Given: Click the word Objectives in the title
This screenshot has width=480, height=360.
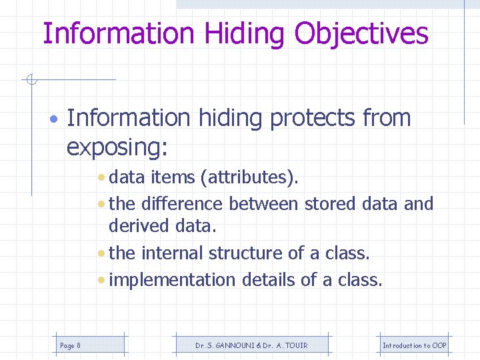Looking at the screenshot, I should [361, 33].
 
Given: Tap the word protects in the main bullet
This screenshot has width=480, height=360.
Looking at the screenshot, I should [313, 118].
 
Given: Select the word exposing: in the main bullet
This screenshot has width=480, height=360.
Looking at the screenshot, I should [117, 148].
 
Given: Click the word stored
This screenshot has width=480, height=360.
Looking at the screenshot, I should [328, 203].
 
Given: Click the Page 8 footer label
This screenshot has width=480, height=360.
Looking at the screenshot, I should [70, 345].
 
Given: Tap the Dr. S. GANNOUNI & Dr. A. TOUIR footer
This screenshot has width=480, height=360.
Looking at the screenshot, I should [251, 345].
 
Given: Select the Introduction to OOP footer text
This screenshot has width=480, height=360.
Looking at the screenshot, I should [414, 345].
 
